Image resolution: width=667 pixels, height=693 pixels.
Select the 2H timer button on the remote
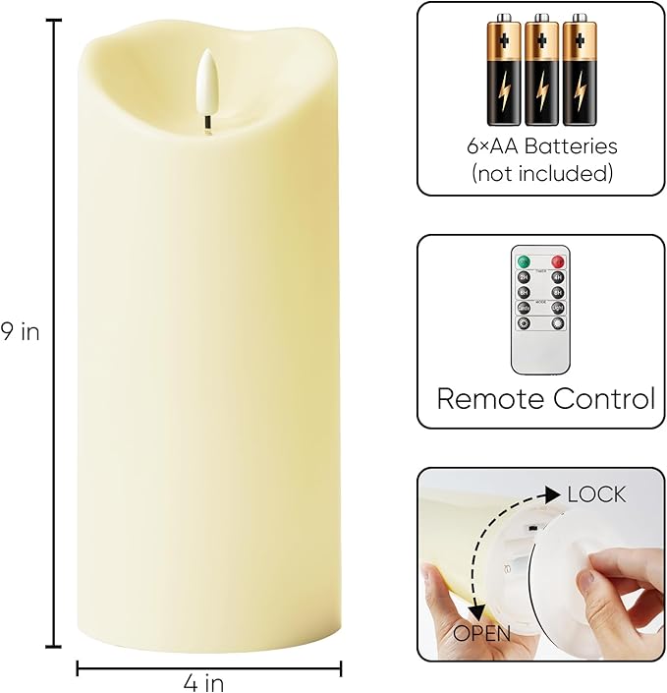pyautogui.click(x=525, y=277)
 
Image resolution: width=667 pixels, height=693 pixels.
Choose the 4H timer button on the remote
pyautogui.click(x=557, y=277)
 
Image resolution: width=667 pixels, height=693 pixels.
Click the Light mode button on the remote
pyautogui.click(x=557, y=308)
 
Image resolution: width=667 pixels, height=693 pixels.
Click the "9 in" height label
pyautogui.click(x=20, y=332)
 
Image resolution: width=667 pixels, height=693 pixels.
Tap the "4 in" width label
pyautogui.click(x=209, y=681)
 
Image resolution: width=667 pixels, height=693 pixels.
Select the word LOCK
pyautogui.click(x=596, y=494)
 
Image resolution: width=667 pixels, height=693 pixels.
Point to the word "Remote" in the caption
pyautogui.click(x=488, y=399)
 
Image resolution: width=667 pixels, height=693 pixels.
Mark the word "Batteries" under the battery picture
pyautogui.click(x=574, y=147)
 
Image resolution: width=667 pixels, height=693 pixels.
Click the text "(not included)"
pyautogui.click(x=542, y=174)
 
